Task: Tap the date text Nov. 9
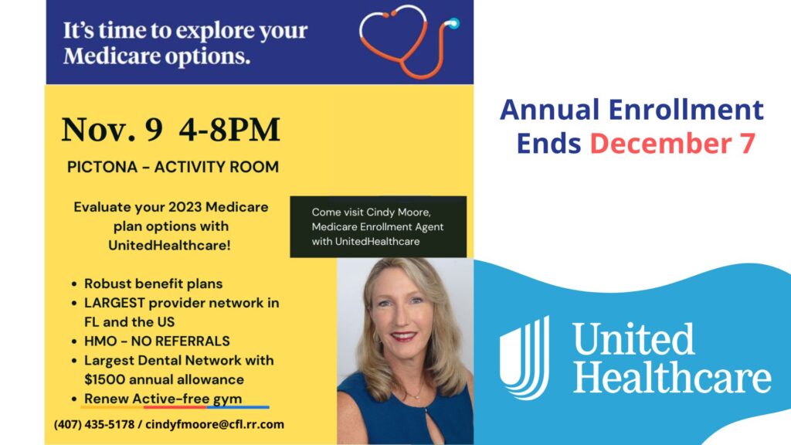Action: (112, 130)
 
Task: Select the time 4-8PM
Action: (229, 130)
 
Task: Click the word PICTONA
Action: (103, 167)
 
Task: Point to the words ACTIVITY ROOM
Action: (216, 167)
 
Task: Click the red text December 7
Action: (673, 143)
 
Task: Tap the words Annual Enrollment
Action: (632, 110)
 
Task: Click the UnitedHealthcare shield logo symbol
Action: (525, 357)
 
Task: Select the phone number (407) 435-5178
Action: (94, 424)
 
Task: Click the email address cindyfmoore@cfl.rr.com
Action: (215, 424)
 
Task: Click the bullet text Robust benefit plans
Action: (154, 284)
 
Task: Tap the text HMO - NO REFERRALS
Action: (157, 341)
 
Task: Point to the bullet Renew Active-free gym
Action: (163, 399)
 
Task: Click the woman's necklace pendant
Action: (416, 396)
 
